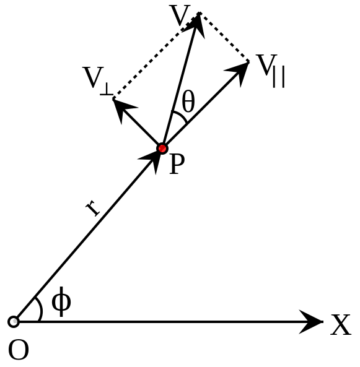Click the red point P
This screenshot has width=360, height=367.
pyautogui.click(x=162, y=149)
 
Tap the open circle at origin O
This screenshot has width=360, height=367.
pyautogui.click(x=14, y=322)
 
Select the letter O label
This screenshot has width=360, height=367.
pyautogui.click(x=19, y=350)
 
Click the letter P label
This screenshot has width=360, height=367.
pyautogui.click(x=177, y=164)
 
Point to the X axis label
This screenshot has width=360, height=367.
pyautogui.click(x=341, y=325)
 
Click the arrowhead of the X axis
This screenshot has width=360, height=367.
pyautogui.click(x=311, y=322)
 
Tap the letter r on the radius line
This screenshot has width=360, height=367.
pyautogui.click(x=93, y=208)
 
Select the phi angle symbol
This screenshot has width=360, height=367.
pyautogui.click(x=61, y=301)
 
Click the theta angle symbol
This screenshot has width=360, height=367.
pyautogui.click(x=188, y=102)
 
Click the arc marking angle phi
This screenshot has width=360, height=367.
pyautogui.click(x=41, y=309)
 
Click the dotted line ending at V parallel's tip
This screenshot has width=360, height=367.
pyautogui.click(x=224, y=37)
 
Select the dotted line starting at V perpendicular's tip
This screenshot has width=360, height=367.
pyautogui.click(x=156, y=56)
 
